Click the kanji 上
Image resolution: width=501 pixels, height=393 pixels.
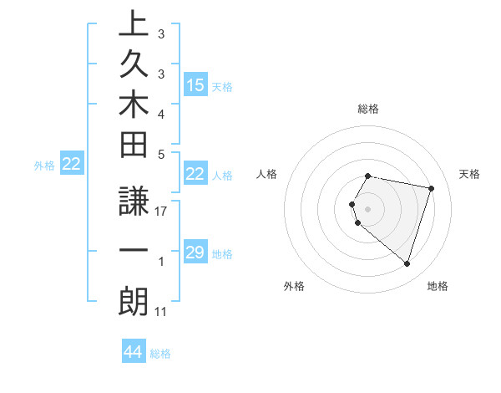pos(134,24)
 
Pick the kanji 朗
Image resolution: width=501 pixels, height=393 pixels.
pos(134,302)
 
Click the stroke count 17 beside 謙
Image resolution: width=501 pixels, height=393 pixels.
pos(161,212)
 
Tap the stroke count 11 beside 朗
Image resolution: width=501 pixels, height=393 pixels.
pos(161,312)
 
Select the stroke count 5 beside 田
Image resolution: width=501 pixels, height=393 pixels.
pos(161,154)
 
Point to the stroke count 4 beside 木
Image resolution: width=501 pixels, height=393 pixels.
pos(161,114)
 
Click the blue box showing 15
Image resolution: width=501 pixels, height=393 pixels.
pos(195,85)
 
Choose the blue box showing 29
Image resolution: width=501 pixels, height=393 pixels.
pos(195,253)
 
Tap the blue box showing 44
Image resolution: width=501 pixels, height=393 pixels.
pos(134,353)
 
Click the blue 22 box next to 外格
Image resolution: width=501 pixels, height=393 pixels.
pos(72,165)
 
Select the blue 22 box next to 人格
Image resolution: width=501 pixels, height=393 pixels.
pos(195,175)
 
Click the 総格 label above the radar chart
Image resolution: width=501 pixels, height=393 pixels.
pos(368,109)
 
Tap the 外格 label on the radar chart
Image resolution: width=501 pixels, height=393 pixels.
pos(294,286)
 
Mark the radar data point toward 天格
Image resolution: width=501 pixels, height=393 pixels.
pos(431,188)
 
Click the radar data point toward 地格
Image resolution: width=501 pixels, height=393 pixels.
pos(407,263)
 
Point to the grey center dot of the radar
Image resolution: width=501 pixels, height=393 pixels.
pos(368,209)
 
